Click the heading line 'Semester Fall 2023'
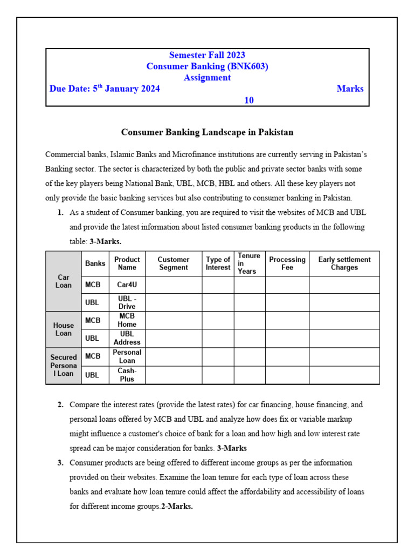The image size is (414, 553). [x=207, y=55]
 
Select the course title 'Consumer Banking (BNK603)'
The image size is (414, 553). [x=207, y=66]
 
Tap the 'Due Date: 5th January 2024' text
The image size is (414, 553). [x=105, y=89]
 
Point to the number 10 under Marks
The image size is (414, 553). [x=249, y=100]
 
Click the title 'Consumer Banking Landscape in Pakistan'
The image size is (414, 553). [x=207, y=132]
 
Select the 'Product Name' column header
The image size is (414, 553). [x=127, y=264]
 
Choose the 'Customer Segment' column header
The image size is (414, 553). [x=173, y=264]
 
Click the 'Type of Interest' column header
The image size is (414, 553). [x=218, y=264]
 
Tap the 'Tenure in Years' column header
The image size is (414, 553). [x=249, y=264]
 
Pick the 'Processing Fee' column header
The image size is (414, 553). [x=287, y=264]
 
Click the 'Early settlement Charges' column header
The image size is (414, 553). [x=344, y=264]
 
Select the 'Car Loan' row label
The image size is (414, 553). [x=64, y=281]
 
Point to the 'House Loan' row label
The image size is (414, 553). [x=64, y=329]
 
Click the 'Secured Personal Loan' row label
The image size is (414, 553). [x=64, y=366]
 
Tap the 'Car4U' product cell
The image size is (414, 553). [x=127, y=285]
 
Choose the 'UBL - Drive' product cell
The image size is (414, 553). [x=127, y=302]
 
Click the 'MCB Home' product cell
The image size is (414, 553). [x=127, y=320]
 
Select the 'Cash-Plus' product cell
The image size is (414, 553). [x=127, y=375]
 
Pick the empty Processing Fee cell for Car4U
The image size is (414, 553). [x=287, y=285]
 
